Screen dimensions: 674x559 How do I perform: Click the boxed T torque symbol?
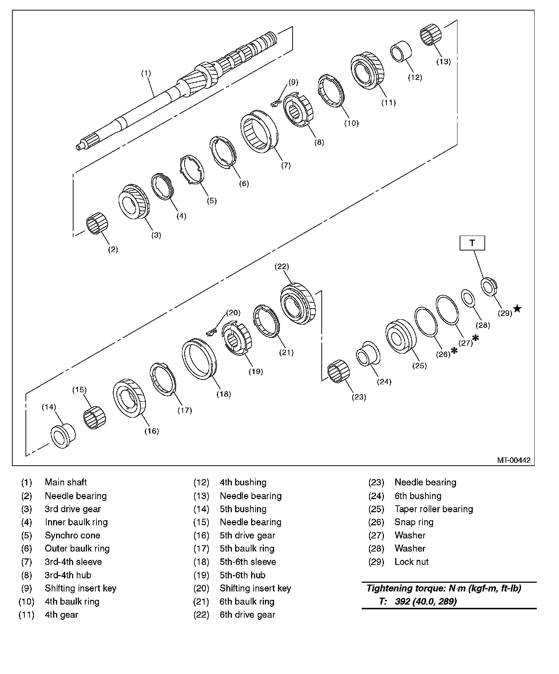coord(472,243)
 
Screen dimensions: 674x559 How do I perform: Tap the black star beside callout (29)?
coord(517,309)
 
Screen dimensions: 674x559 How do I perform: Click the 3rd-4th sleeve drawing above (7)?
coord(259,135)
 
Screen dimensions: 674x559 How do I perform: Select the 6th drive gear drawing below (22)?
coord(298,304)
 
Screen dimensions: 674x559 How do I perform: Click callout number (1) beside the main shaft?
coord(146,73)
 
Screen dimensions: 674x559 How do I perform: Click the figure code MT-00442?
coord(514,460)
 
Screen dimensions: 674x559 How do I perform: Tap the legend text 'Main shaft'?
coord(66,482)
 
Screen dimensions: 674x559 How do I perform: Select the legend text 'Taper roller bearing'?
coord(434,509)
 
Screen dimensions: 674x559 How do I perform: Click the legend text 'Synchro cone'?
coord(72,535)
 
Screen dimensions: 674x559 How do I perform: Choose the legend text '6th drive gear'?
coord(247,615)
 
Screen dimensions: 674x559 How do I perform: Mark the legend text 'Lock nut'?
coord(412,562)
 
